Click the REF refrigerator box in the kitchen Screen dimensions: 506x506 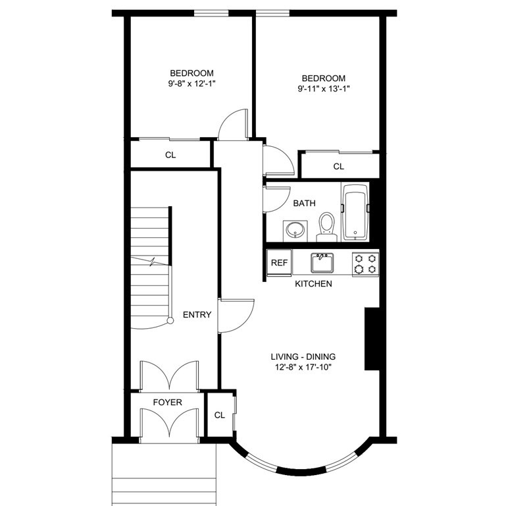point(279,262)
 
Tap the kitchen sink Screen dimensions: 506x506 point(322,262)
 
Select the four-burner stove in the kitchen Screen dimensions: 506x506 point(365,264)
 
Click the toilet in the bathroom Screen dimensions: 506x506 point(326,226)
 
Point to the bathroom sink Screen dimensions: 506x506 point(294,231)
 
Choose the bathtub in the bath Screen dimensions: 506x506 point(356,212)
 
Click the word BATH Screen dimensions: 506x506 point(304,204)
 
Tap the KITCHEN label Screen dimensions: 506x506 point(313,284)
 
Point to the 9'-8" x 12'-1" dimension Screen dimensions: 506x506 point(191,84)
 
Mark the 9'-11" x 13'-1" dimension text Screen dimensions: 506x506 point(323,88)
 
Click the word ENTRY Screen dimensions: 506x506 point(197,315)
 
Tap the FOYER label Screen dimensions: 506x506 point(168,402)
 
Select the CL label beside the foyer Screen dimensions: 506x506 point(219,415)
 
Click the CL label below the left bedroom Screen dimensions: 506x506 point(170,155)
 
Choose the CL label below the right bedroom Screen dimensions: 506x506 point(338,167)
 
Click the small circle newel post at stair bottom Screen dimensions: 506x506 point(170,321)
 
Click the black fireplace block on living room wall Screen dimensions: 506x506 point(372,339)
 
